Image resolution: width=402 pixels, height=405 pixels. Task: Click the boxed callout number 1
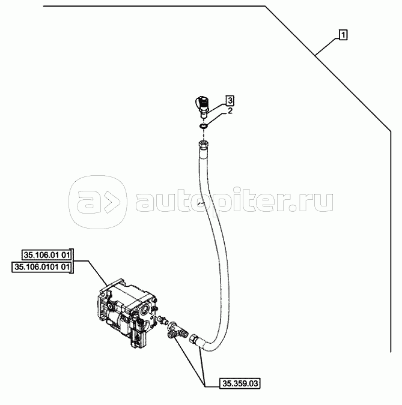click(343, 35)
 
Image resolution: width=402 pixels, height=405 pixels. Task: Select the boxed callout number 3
click(230, 100)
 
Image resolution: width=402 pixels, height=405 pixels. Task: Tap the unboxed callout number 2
click(230, 111)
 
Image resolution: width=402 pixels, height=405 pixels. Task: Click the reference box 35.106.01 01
click(47, 255)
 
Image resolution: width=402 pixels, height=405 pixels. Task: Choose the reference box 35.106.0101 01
click(43, 267)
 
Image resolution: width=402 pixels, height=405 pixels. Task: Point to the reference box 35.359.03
click(240, 383)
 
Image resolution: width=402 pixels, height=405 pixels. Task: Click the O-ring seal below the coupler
click(203, 127)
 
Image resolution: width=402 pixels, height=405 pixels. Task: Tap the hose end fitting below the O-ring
click(203, 144)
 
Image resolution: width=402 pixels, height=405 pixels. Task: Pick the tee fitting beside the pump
click(176, 330)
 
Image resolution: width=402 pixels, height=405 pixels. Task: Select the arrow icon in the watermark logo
click(112, 202)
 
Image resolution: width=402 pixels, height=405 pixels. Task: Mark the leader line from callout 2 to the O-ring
click(217, 119)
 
